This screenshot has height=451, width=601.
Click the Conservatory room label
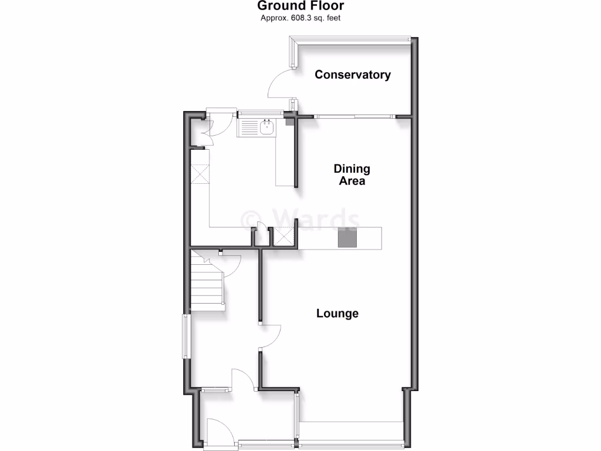pos(353,75)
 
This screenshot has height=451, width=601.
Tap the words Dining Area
pos(352,174)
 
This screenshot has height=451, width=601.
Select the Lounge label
pos(337,314)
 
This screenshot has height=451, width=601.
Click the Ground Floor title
pos(300,6)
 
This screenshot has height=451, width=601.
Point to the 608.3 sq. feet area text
pos(301,18)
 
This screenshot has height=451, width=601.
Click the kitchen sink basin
pos(268,127)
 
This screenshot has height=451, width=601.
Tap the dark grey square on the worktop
pos(346,238)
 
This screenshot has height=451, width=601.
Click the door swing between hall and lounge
pos(271,337)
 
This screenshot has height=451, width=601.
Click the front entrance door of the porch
pos(220,429)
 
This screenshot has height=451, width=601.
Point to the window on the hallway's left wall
pos(185,336)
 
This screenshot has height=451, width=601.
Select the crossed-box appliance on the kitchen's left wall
pos(200,174)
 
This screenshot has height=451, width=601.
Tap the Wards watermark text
pos(300,218)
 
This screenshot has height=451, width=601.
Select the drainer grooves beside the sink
pos(249,127)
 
